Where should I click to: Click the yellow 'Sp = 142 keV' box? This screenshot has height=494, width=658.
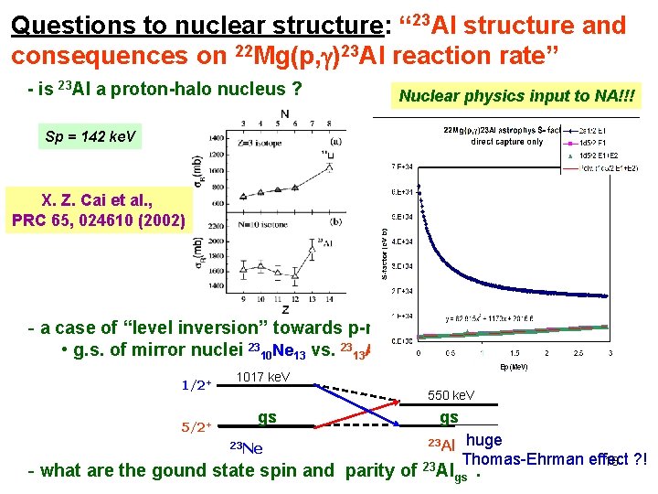90,137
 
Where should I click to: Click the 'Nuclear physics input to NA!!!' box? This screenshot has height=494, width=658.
518,95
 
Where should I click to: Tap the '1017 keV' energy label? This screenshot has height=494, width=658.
262,377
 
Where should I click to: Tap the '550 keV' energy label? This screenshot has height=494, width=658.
451,395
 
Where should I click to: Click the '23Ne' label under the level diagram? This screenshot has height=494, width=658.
244,447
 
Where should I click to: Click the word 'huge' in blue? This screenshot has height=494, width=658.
483,440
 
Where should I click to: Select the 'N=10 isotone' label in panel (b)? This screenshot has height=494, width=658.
261,222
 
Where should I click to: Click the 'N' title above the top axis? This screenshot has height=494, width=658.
285,114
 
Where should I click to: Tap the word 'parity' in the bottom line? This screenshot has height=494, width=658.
371,471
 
